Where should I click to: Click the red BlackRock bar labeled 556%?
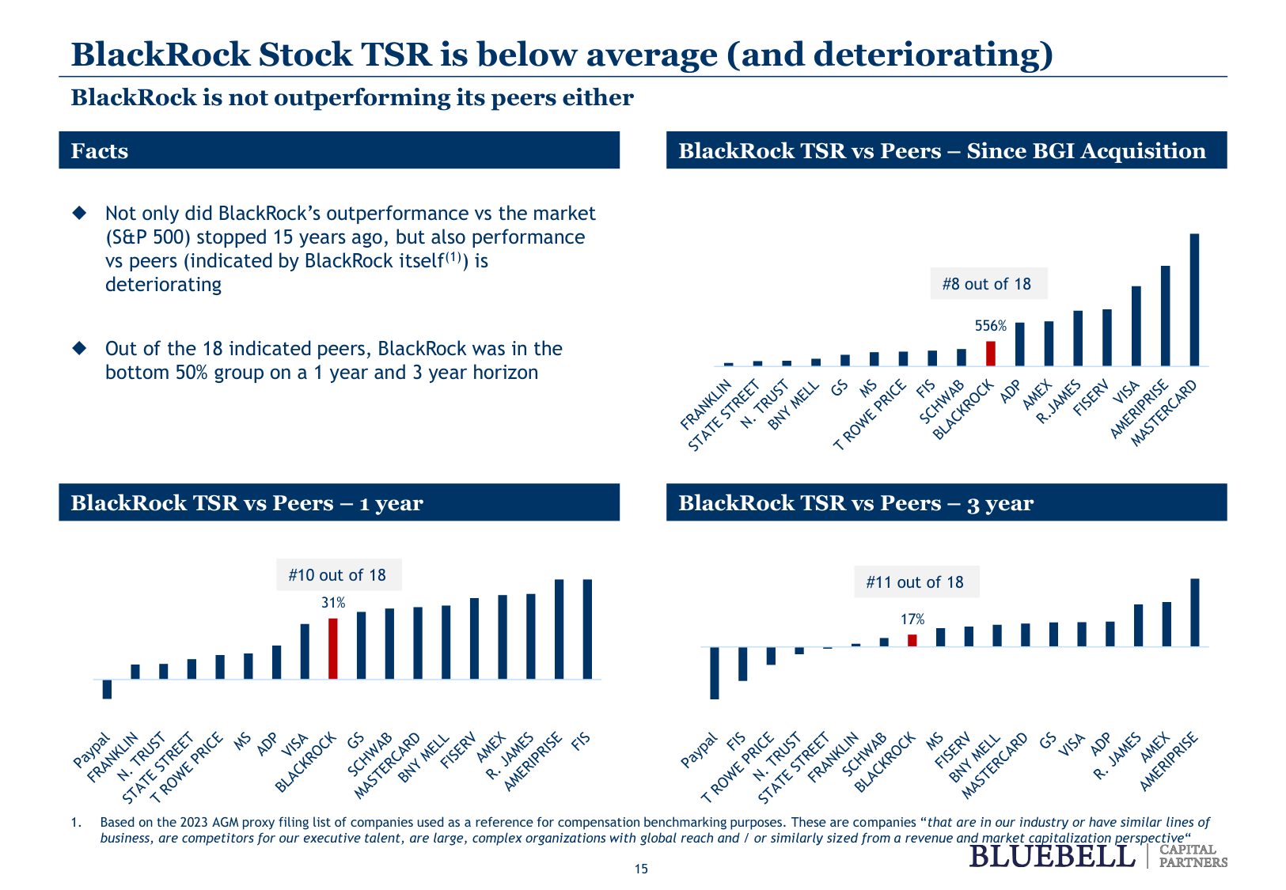click(990, 354)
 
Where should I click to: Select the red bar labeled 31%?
click(333, 649)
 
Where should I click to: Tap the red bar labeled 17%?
click(912, 641)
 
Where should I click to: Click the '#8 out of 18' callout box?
click(987, 284)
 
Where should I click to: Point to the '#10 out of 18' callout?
click(338, 575)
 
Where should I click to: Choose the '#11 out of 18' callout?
click(916, 582)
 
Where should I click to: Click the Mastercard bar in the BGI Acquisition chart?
click(1194, 300)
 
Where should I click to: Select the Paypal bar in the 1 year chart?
click(107, 689)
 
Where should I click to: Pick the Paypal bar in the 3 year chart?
click(715, 673)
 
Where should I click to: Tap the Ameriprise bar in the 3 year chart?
click(1195, 612)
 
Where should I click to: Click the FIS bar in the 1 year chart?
click(587, 629)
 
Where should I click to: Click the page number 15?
click(641, 869)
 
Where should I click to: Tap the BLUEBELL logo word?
click(1052, 856)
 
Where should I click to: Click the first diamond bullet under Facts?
click(79, 213)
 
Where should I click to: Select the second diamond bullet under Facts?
click(79, 348)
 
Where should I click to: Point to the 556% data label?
click(990, 326)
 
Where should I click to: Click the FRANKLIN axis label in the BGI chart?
click(706, 404)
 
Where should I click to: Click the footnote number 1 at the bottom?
click(75, 823)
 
